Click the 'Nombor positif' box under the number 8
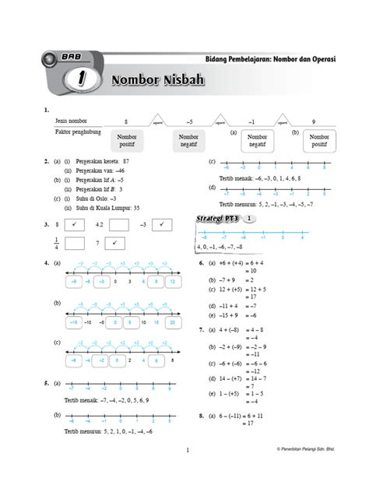click(130, 141)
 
